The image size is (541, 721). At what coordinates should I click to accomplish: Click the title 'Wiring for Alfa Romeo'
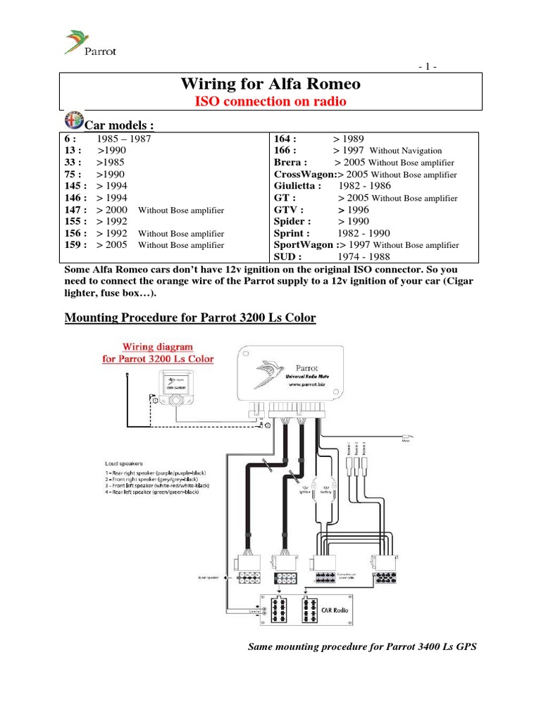point(270,84)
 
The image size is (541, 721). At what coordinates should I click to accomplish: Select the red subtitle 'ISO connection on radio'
point(270,102)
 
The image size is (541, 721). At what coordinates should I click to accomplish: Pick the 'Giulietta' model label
point(297,186)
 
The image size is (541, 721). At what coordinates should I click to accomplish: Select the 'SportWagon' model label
point(304,245)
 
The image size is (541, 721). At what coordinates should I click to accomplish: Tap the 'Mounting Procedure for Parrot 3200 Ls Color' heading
point(190,318)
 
